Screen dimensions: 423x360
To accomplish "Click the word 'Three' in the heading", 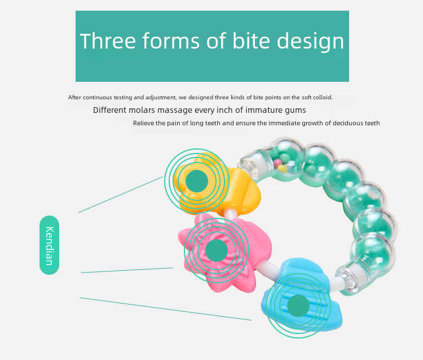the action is (107, 41).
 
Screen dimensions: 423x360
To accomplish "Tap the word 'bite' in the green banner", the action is (251, 41).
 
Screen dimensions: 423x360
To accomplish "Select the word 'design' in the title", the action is (311, 41).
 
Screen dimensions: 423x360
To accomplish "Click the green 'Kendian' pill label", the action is (50, 245).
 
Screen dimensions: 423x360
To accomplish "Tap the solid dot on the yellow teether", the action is (197, 181).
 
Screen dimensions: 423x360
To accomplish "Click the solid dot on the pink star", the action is (217, 251).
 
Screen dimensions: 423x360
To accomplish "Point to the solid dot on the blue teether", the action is (298, 306).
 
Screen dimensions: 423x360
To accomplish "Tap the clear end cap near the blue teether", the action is (347, 280).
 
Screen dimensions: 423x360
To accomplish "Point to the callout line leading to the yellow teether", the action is (121, 195).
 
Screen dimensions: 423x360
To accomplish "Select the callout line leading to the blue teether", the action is (165, 309).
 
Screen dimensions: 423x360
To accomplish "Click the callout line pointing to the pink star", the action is (127, 270).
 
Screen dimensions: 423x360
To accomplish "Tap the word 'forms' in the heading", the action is (171, 41).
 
